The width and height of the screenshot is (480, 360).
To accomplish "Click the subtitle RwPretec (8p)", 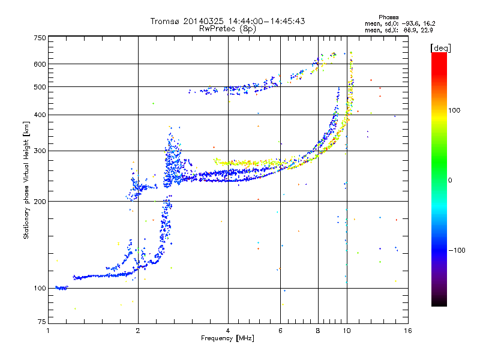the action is (227, 28).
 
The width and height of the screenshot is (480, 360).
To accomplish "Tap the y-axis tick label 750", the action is (40, 38).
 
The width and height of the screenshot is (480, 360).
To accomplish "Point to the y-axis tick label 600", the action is (40, 64).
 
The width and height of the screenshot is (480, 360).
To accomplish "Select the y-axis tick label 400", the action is (40, 115).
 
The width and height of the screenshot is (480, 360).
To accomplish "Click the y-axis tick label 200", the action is (40, 201).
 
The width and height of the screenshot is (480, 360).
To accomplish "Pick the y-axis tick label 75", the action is (42, 322).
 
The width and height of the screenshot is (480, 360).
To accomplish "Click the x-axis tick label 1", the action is (48, 331).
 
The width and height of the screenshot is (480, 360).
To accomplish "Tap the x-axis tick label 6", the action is (280, 331).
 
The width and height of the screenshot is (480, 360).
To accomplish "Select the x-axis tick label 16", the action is (408, 331).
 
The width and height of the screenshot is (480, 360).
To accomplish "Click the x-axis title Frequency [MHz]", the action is (227, 338).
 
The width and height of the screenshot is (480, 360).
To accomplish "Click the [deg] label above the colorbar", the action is (440, 48).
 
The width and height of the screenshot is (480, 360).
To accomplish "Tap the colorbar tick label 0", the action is (450, 180).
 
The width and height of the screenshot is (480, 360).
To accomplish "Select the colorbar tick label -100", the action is (457, 250).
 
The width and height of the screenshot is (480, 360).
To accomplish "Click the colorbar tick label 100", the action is (454, 110).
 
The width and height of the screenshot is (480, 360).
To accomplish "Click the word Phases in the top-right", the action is (388, 17).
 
